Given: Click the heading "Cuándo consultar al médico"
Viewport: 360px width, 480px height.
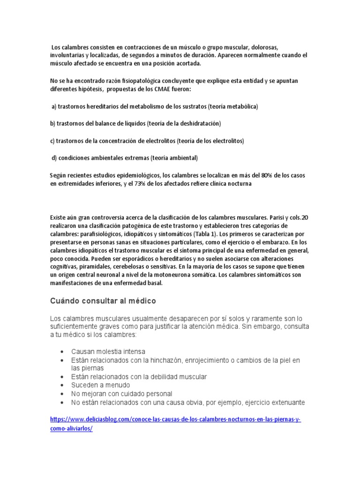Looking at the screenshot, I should (x=103, y=300).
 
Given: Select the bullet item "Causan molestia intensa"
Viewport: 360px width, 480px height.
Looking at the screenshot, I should (x=108, y=351).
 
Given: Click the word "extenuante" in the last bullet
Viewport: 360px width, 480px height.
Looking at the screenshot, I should (x=286, y=402).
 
